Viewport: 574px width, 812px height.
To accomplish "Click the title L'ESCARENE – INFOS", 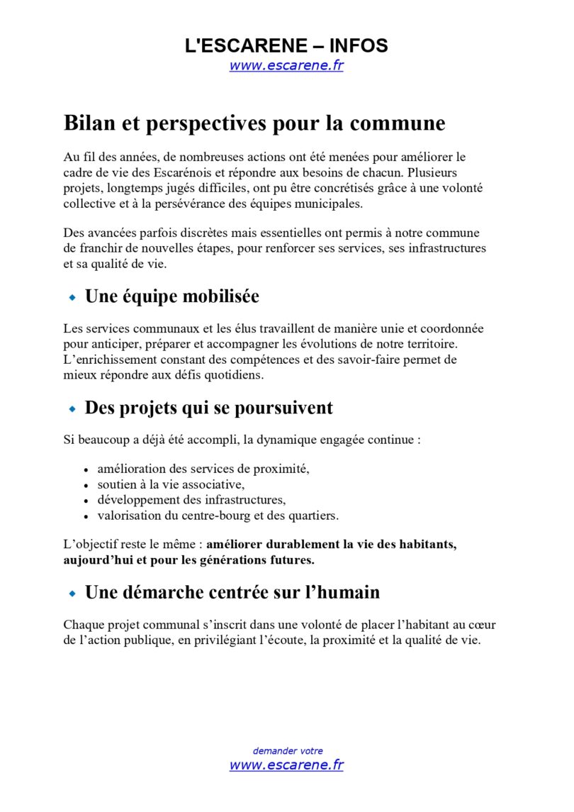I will point(286,46).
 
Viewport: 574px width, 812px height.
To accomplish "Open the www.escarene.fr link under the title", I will point(286,66).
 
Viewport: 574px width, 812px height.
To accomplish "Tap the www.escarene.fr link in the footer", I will point(286,764).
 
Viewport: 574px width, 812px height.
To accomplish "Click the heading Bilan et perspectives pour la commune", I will point(254,123).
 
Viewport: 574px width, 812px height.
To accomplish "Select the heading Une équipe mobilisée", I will point(171,296).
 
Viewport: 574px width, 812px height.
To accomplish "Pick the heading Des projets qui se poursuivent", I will point(208,408).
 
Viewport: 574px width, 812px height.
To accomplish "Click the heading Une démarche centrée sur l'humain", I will point(232,591).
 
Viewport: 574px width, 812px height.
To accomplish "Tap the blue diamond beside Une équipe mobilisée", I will point(72,298).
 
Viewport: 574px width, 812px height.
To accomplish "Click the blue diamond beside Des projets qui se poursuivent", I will point(72,409).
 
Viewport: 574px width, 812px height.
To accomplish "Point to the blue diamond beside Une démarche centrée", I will point(72,593).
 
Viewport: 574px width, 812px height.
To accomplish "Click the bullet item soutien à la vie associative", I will point(170,484).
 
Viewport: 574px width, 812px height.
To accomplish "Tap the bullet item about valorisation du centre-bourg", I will point(218,516).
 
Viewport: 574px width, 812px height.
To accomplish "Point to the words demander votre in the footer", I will point(287,750).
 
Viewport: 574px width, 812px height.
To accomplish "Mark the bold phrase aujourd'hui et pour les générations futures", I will point(188,560).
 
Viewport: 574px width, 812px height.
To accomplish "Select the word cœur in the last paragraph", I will point(482,624).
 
